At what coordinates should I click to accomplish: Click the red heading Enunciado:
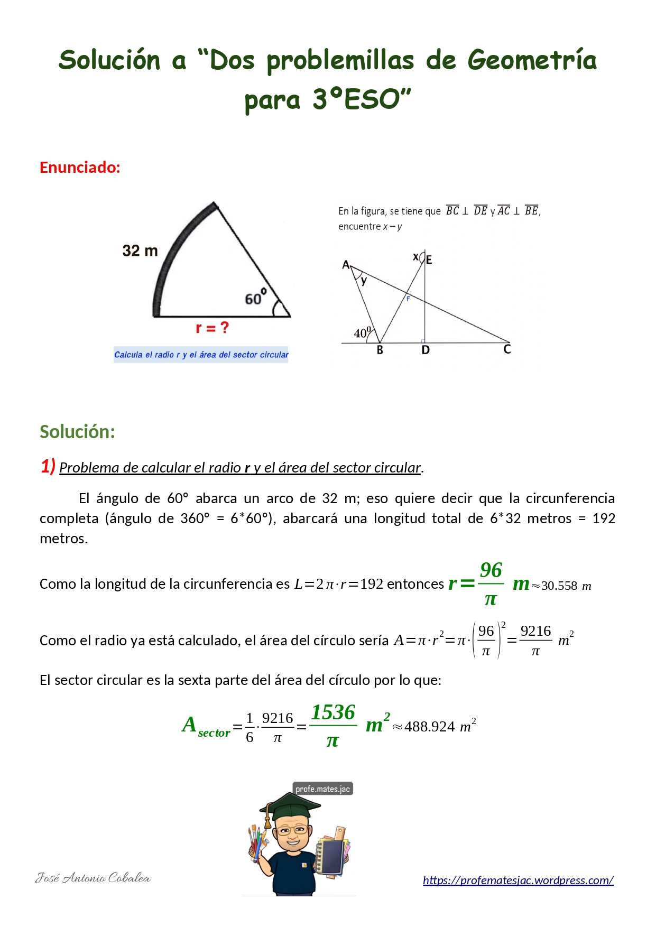coord(80,168)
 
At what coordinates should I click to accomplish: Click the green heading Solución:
coord(77,432)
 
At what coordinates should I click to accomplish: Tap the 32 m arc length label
coord(140,251)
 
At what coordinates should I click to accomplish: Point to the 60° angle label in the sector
coord(255,298)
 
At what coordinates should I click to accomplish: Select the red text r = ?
coord(212,328)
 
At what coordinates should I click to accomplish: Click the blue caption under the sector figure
coord(201,355)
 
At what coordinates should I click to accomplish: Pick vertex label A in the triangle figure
coord(346,264)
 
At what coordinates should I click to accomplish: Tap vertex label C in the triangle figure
coord(507,349)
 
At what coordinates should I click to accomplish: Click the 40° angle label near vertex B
coord(363,333)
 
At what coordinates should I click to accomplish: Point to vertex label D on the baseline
coord(426,350)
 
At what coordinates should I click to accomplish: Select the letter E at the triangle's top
coord(429,260)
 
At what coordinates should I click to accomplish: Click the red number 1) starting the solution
coord(48,466)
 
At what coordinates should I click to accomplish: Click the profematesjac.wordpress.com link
coord(518,880)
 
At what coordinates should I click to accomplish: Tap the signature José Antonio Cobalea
coord(93,878)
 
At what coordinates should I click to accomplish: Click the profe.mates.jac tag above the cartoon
coord(322,789)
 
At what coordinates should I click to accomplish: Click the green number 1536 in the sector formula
coord(333,712)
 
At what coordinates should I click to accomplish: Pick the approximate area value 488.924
coord(429,727)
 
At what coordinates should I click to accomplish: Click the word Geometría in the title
coord(532,60)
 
